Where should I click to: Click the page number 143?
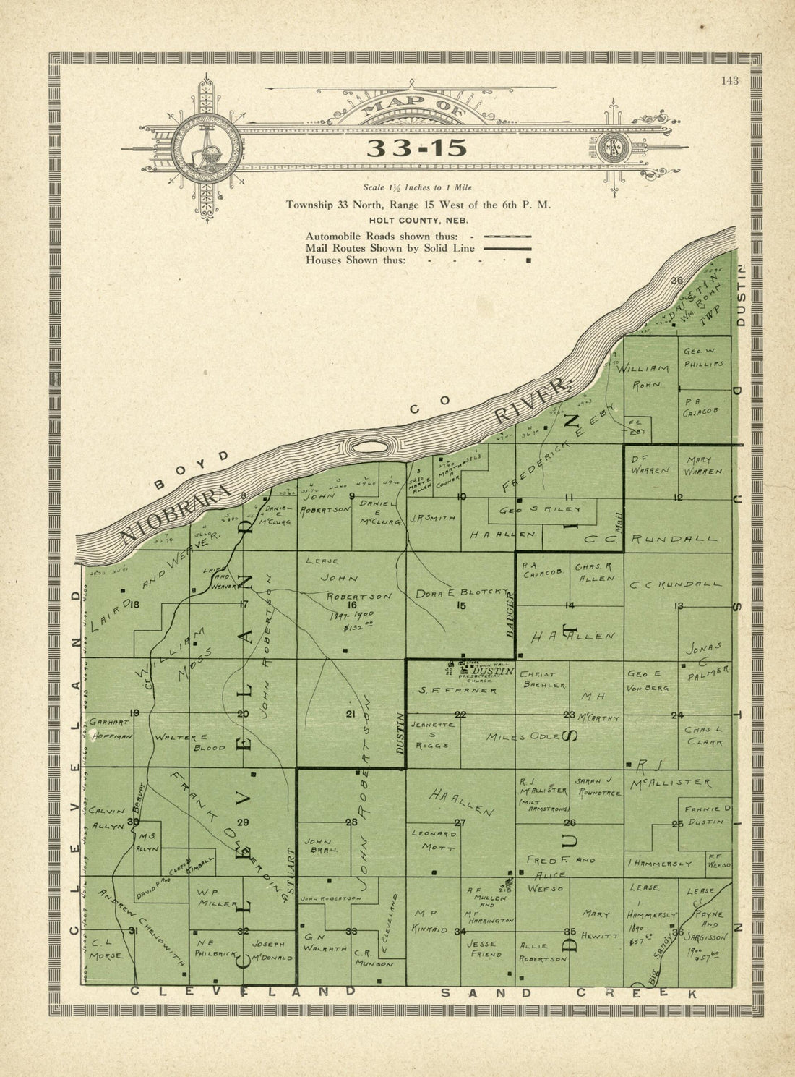(729, 80)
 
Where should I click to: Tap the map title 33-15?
(417, 148)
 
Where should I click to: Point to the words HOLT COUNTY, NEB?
(418, 220)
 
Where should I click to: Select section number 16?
(353, 605)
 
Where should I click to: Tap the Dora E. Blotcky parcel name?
(463, 593)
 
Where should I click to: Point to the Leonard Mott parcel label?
(436, 839)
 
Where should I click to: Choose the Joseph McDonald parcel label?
(272, 950)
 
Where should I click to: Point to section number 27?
(460, 822)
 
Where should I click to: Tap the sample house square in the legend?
(528, 260)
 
